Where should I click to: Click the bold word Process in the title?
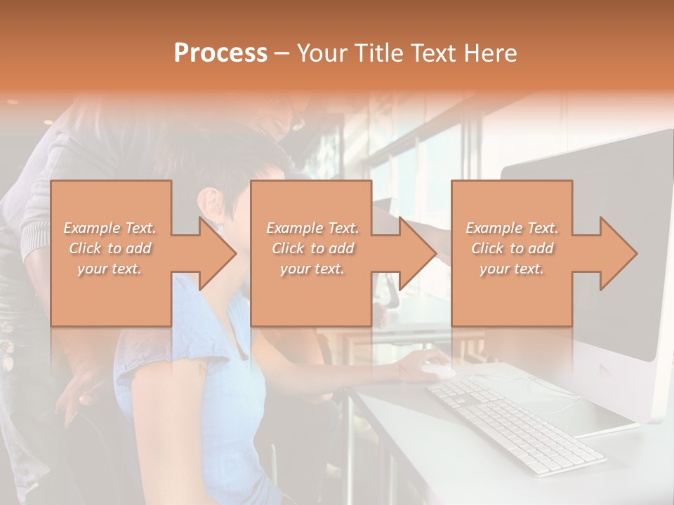click(x=220, y=53)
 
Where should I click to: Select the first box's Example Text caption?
click(x=110, y=228)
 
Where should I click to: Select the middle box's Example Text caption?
click(x=312, y=228)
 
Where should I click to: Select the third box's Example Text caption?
click(x=512, y=228)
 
